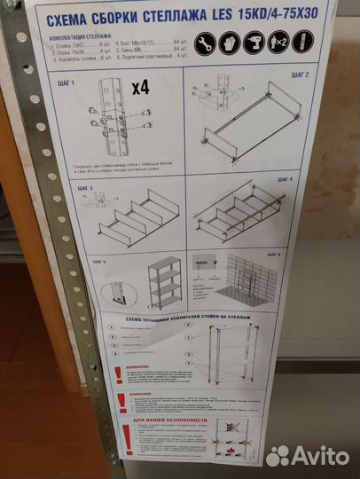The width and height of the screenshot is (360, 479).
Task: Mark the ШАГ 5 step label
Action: (98, 262)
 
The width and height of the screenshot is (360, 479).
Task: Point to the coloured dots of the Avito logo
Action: (278, 455)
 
